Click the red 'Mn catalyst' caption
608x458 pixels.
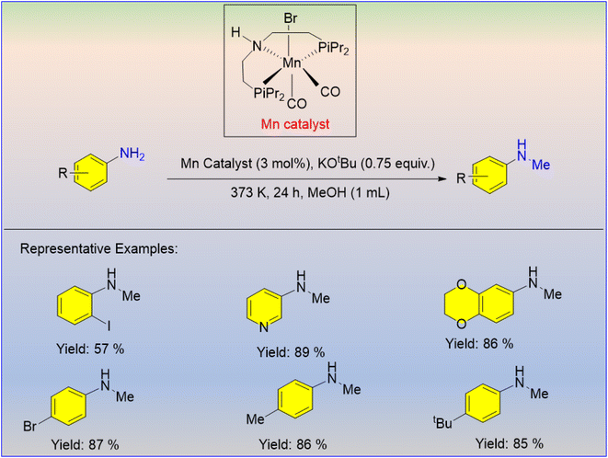click(295, 124)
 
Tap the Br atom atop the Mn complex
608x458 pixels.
click(291, 17)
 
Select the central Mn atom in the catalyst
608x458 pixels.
click(292, 63)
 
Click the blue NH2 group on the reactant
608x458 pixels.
click(132, 154)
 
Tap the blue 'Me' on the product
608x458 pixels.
click(541, 165)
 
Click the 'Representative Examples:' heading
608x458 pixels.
click(98, 248)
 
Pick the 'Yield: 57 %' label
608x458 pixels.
click(90, 349)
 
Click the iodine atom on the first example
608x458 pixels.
click(109, 326)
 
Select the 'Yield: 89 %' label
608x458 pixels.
click(291, 352)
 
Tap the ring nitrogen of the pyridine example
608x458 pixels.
click(264, 326)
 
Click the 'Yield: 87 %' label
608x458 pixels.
click(85, 444)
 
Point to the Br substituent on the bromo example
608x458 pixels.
click(29, 427)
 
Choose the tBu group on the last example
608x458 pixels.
click(442, 422)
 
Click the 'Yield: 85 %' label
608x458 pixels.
click(510, 443)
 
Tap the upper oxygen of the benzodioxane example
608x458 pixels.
click(461, 285)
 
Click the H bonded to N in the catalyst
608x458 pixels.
click(235, 32)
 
